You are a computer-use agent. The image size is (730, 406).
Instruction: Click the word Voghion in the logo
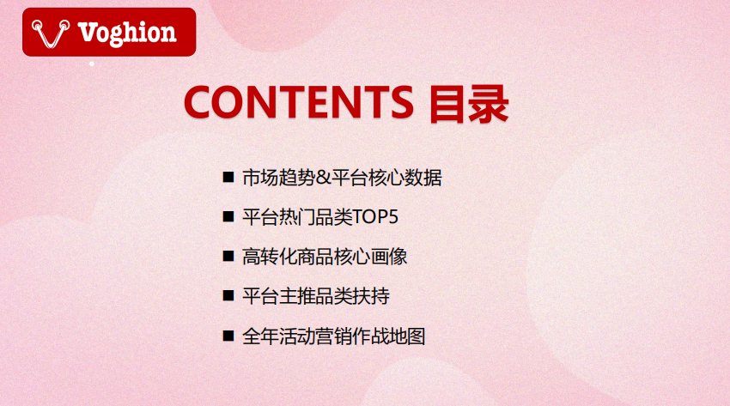tap(127, 33)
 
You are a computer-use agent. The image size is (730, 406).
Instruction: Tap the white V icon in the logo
tap(51, 34)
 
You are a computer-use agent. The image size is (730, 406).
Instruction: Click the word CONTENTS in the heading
tap(299, 102)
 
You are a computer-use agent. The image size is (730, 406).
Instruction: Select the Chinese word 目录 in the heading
tap(469, 104)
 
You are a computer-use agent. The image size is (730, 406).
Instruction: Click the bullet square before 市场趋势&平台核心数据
tap(228, 177)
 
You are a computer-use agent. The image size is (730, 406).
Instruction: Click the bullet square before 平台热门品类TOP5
tap(228, 216)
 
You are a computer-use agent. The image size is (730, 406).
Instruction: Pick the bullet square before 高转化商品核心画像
tap(228, 257)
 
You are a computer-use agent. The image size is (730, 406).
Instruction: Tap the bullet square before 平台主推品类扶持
tap(228, 296)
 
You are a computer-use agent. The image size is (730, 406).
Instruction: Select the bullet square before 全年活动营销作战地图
tap(228, 336)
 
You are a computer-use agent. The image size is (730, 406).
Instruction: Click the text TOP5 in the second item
tap(375, 217)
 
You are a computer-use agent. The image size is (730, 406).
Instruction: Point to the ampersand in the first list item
tap(323, 178)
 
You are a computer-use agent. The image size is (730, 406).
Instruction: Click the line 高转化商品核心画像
tap(325, 257)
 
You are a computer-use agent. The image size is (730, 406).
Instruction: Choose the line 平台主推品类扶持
tap(316, 296)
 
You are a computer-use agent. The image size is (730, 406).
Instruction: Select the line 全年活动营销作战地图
tap(334, 336)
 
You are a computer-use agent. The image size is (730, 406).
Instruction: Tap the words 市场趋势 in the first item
tap(279, 178)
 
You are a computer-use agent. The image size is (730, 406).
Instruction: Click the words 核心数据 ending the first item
tap(405, 178)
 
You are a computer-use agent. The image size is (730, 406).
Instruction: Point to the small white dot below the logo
tap(92, 64)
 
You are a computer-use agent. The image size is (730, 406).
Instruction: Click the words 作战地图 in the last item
tap(389, 336)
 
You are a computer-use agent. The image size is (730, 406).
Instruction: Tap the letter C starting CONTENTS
tap(198, 102)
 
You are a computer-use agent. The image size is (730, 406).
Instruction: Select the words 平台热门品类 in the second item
tap(297, 217)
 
